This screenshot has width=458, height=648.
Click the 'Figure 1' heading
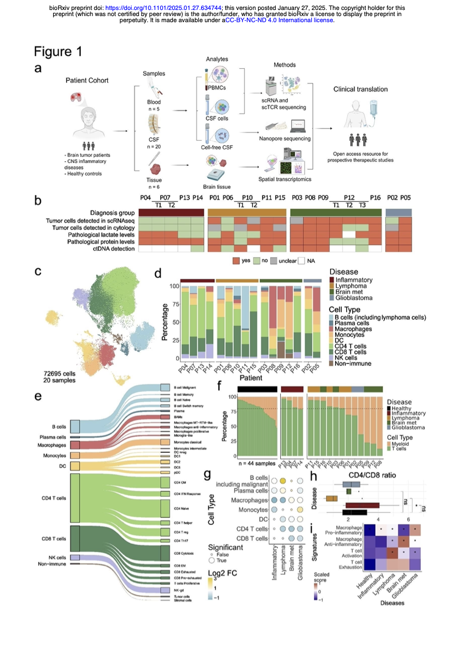(58, 52)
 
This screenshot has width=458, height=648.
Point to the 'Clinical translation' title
(360, 89)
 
